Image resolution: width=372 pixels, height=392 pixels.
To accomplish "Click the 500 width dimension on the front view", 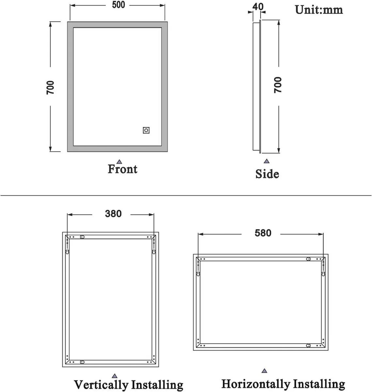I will tap(118, 5).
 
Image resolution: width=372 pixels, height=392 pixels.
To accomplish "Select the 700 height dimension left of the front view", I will tap(50, 87).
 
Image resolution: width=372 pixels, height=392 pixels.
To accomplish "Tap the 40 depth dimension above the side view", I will tap(258, 6).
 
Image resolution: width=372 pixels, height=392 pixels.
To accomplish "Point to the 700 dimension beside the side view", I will tap(278, 85).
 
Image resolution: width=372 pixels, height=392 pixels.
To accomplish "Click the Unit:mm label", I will tap(319, 9).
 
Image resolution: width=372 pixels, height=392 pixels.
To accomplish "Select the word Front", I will tap(122, 169).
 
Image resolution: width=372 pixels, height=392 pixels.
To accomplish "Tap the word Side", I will tap(267, 174).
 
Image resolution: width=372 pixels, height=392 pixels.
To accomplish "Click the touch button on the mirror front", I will tap(146, 130).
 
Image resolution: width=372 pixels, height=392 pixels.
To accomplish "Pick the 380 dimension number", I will tap(113, 214).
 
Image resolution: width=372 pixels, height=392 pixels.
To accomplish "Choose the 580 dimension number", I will tap(263, 233).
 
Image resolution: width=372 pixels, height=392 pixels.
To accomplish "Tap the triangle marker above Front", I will tap(119, 161).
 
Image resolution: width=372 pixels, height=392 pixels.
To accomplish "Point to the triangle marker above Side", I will tap(267, 161).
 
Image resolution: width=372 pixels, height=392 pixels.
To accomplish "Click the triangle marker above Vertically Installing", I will tap(114, 376).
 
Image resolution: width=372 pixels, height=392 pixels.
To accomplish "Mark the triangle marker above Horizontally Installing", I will tap(265, 371).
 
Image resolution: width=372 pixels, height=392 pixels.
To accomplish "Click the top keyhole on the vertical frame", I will tap(82, 237).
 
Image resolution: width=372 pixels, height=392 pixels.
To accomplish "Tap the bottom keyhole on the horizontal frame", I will tap(308, 345).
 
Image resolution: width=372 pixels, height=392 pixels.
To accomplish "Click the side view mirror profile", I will tap(256, 87).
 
